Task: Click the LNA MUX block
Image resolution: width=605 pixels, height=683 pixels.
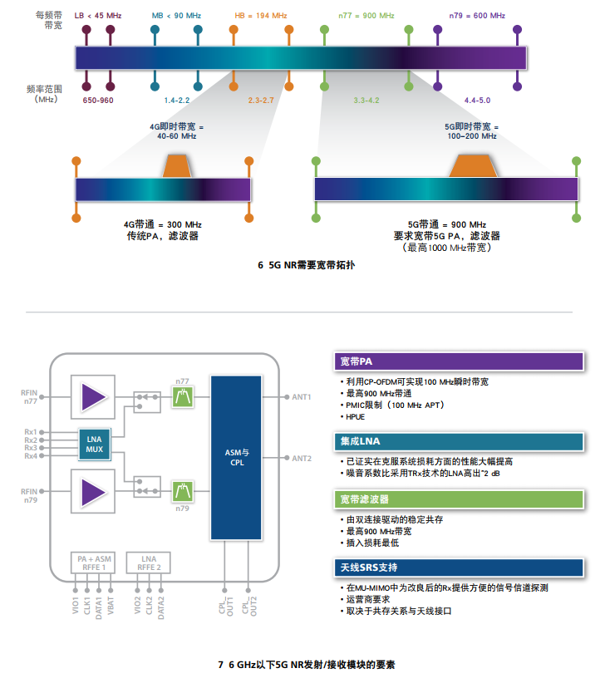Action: [95, 444]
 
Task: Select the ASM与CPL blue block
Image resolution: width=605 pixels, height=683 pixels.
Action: [236, 457]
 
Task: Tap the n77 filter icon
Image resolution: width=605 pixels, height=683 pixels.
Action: [183, 397]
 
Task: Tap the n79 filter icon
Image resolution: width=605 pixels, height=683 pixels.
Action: [183, 491]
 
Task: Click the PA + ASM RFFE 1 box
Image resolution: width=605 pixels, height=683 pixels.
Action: [94, 563]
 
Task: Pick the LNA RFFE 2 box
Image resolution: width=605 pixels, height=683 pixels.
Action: [149, 563]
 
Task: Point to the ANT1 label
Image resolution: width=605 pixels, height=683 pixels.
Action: [302, 397]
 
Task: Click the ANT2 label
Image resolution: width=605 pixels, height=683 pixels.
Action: [302, 458]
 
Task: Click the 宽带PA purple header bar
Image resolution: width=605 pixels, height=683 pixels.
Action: [459, 361]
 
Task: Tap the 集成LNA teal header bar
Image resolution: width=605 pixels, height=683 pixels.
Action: [459, 441]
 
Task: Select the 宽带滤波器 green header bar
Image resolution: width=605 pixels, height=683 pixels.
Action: [459, 499]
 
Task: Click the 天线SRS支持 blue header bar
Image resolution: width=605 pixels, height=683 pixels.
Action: [459, 568]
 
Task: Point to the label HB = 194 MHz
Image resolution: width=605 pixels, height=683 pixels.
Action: [261, 16]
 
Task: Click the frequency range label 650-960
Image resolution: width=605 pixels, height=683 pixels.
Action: [98, 101]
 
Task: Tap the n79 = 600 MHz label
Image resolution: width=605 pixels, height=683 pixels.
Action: [477, 16]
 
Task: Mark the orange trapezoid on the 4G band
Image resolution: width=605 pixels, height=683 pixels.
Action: [177, 166]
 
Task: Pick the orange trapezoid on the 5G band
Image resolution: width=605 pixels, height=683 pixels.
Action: [473, 165]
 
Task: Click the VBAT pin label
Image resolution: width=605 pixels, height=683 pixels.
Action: [111, 605]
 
